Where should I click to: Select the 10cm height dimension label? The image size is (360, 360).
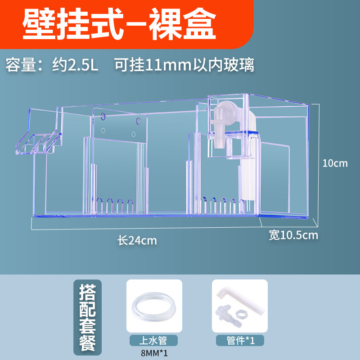[x=335, y=163]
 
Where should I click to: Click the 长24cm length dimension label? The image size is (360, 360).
[x=137, y=240]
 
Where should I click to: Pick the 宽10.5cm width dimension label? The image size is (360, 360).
[x=293, y=235]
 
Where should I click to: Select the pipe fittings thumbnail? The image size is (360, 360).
[x=239, y=306]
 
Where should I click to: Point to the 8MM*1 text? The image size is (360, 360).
[x=154, y=353]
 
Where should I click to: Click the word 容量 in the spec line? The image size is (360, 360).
[x=20, y=65]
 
